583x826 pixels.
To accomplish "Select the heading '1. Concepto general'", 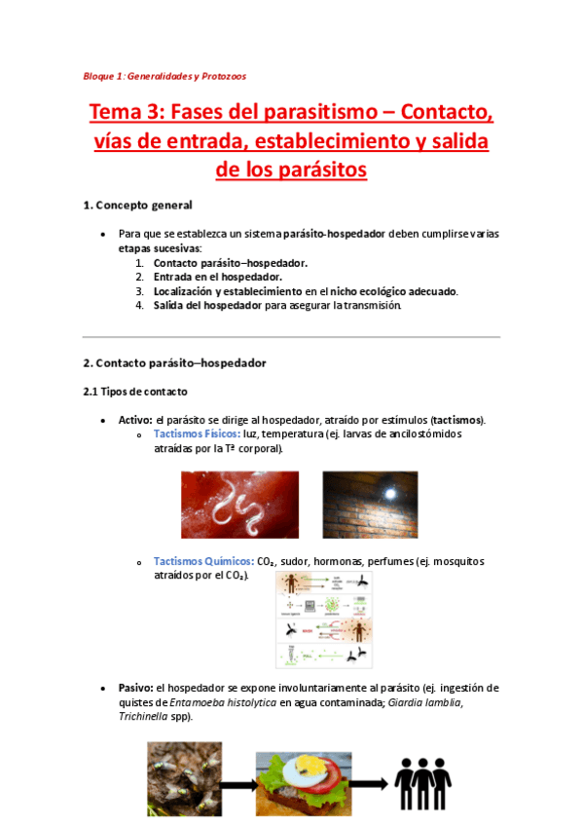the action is pyautogui.click(x=137, y=206).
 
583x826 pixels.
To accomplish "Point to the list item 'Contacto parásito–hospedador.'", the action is pyautogui.click(x=231, y=263).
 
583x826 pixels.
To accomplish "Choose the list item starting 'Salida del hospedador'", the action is pyautogui.click(x=276, y=305).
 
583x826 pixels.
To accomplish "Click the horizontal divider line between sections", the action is pyautogui.click(x=291, y=337).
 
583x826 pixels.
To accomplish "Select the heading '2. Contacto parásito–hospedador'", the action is pyautogui.click(x=174, y=362).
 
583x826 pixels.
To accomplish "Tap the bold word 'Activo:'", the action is pyautogui.click(x=135, y=420).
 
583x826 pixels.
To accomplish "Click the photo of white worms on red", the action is pyautogui.click(x=239, y=504).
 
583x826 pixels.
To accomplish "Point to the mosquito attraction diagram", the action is pyautogui.click(x=324, y=619).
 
